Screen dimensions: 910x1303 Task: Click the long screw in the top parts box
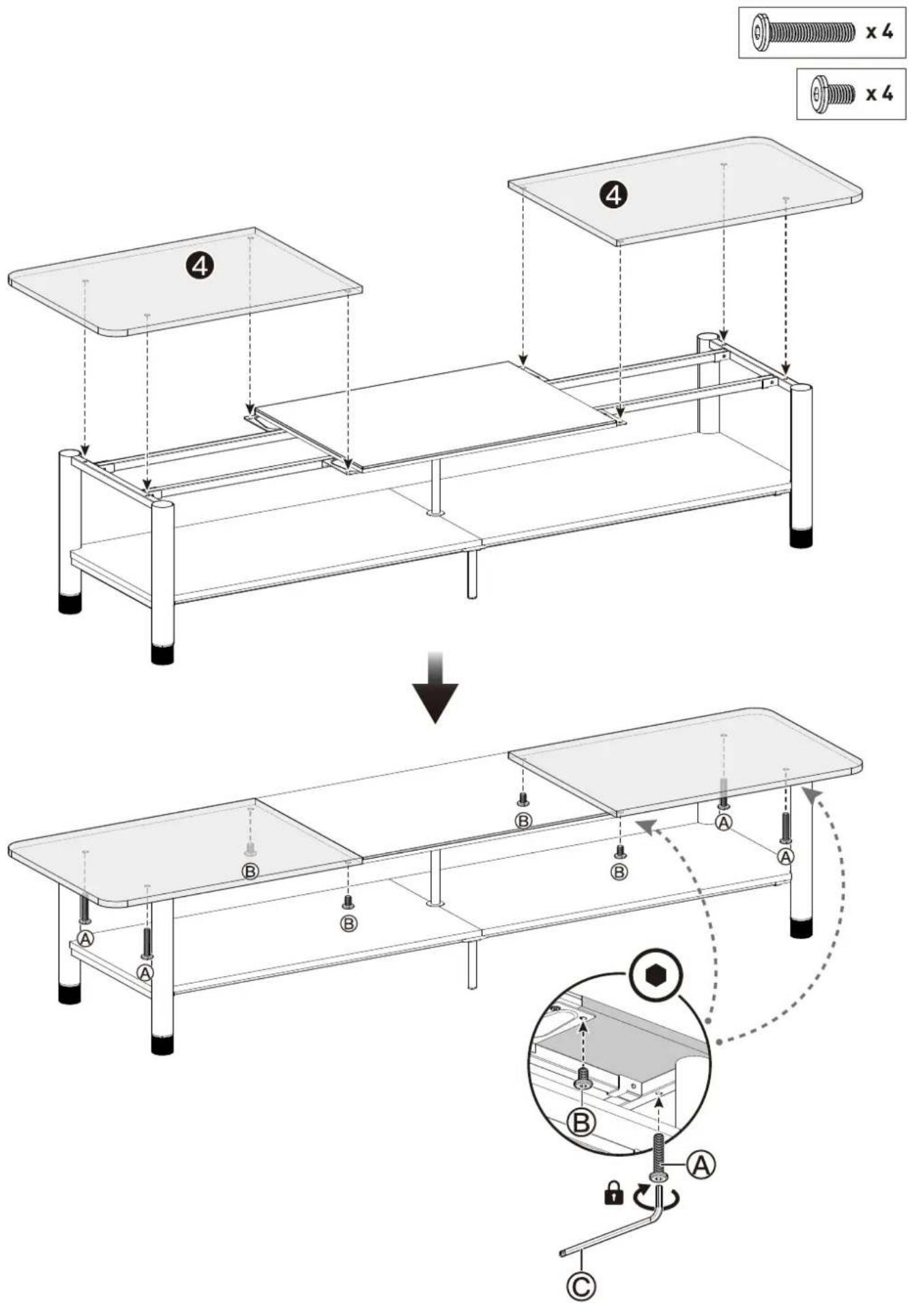(x=803, y=31)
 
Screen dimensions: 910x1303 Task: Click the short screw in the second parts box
(x=833, y=93)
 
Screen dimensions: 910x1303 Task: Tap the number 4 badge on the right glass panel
(x=614, y=196)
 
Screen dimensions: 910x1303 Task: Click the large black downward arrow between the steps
(x=435, y=687)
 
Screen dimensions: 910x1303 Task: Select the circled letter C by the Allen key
(x=581, y=1287)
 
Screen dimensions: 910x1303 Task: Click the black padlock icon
(x=614, y=1193)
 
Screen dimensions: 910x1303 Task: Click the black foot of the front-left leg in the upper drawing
(x=162, y=653)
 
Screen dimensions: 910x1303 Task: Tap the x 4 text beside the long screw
(x=879, y=31)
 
